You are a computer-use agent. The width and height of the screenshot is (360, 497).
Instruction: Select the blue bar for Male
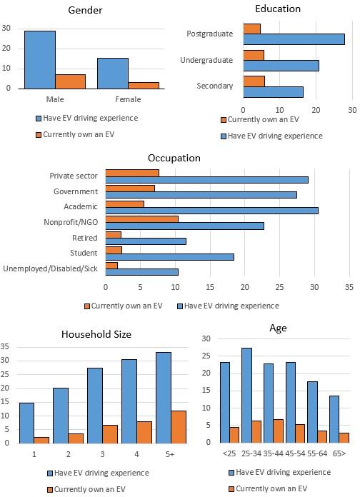(39, 59)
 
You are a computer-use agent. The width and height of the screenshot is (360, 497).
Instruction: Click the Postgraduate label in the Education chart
(209, 34)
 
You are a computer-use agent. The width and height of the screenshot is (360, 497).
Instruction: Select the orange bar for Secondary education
(254, 81)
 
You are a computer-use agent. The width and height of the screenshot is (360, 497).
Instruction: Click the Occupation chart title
(174, 158)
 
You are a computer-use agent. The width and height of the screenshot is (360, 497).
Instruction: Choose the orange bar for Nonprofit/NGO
(141, 219)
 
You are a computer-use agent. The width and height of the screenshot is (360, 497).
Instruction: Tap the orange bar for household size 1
(41, 440)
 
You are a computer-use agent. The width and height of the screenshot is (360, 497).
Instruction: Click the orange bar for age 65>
(344, 437)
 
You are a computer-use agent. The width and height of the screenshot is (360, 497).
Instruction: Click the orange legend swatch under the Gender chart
(38, 134)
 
